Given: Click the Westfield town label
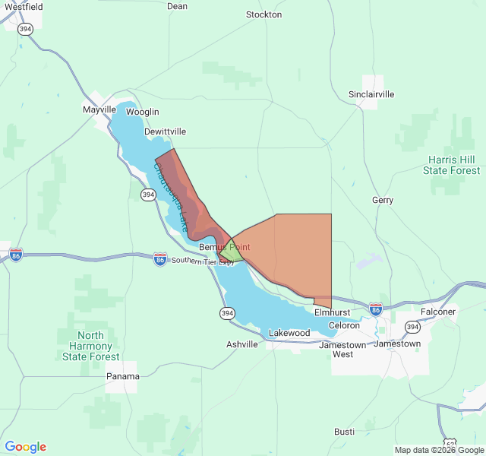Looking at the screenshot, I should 23,6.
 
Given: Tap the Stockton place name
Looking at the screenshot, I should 264,14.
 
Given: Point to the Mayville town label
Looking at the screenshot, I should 99,109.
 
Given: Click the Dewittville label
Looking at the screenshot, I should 165,131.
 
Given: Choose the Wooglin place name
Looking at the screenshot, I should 143,112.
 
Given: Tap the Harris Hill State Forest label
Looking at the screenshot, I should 454,165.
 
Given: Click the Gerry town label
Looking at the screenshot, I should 383,200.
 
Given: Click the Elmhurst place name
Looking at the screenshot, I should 332,312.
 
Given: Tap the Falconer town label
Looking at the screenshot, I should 438,312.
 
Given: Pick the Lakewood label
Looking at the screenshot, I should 289,333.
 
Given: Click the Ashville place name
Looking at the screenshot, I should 242,344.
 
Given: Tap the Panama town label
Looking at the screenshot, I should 122,376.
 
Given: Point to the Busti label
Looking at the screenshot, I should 344,432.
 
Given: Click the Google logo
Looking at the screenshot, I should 25,447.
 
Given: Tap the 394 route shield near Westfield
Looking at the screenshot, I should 27,28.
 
